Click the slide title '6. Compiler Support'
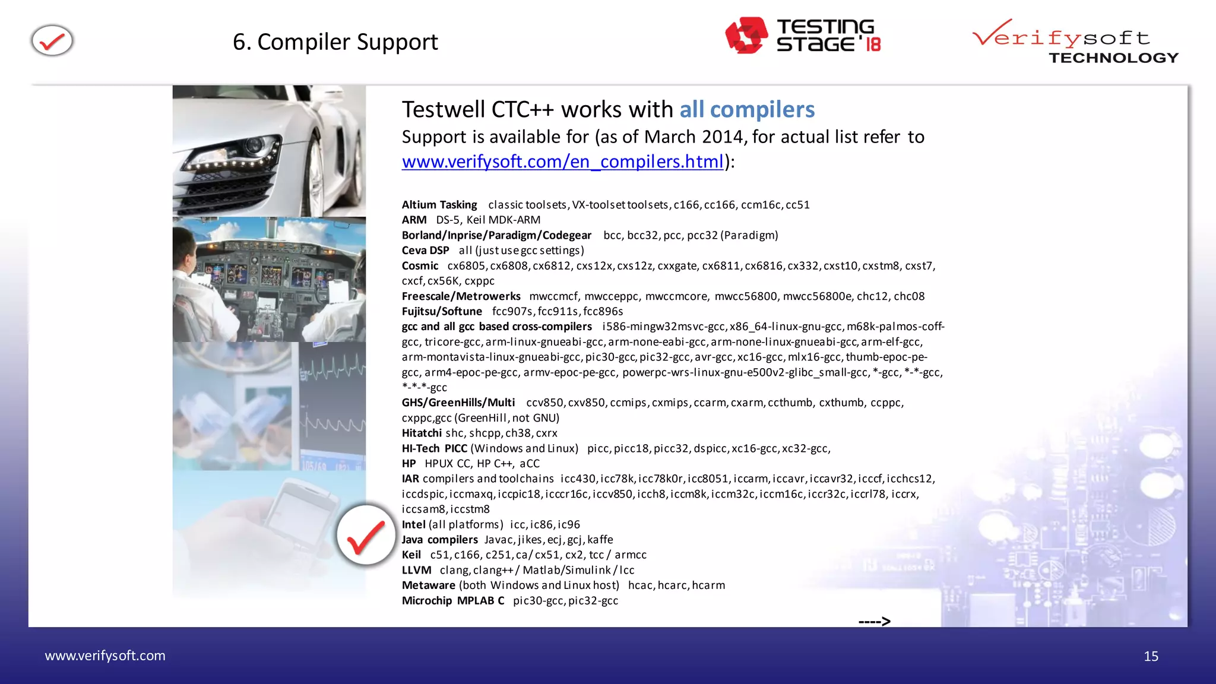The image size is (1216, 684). point(335,42)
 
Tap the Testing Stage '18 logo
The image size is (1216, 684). point(803,36)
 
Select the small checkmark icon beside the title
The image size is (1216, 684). point(52,41)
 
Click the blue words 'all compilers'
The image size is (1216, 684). point(746,110)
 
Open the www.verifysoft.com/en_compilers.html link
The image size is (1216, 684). point(562,161)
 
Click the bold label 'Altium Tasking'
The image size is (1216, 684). point(439,205)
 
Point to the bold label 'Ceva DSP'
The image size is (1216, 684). point(425,251)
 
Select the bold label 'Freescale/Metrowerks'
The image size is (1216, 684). point(461,296)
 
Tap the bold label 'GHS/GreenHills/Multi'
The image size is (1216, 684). point(458,403)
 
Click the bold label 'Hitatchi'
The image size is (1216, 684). point(422,433)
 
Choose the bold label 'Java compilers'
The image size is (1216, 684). point(439,540)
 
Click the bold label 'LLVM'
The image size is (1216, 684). point(416,570)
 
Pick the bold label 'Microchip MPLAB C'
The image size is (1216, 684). point(452,600)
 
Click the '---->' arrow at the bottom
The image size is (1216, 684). point(874,621)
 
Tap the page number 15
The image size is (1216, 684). point(1151,656)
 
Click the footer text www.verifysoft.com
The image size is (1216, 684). point(105,655)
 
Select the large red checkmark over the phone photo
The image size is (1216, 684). point(366,535)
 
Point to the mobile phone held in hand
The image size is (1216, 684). point(297,517)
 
